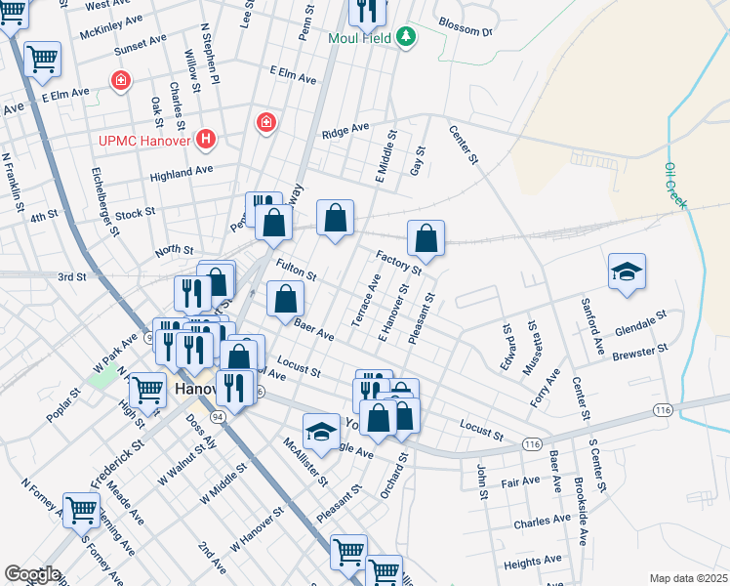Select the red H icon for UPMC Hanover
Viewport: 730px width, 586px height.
(x=205, y=140)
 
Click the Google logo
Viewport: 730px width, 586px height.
(x=31, y=574)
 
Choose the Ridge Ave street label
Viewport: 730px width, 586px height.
(x=345, y=129)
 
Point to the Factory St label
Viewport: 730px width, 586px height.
(x=398, y=260)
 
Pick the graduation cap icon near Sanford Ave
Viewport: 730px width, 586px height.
(x=627, y=271)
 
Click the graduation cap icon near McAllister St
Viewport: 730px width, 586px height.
(x=320, y=430)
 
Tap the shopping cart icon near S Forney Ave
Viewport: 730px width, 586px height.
(x=81, y=508)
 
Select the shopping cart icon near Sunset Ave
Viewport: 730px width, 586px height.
(x=43, y=59)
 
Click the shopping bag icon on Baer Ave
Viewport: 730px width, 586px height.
(x=285, y=299)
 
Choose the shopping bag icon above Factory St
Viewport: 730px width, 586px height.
(x=426, y=237)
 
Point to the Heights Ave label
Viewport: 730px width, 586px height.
(x=532, y=560)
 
